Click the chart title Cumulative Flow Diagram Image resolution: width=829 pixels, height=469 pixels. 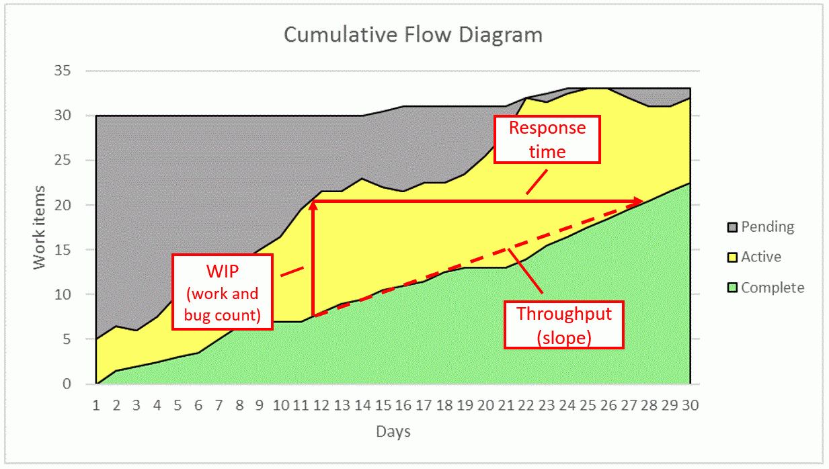pyautogui.click(x=413, y=34)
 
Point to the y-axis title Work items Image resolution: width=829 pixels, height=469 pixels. pyautogui.click(x=40, y=227)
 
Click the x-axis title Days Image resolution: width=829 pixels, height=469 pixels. pyautogui.click(x=393, y=431)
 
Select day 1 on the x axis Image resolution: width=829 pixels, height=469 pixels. pyautogui.click(x=96, y=405)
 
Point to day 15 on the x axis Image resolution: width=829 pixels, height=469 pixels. pyautogui.click(x=383, y=405)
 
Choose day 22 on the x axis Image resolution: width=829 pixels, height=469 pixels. pyautogui.click(x=526, y=405)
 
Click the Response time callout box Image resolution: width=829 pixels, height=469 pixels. pyautogui.click(x=547, y=139)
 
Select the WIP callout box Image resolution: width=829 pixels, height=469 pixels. pyautogui.click(x=223, y=292)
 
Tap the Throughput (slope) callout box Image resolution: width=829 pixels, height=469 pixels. pyautogui.click(x=564, y=325)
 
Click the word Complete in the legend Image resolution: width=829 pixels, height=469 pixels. pyautogui.click(x=773, y=288)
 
